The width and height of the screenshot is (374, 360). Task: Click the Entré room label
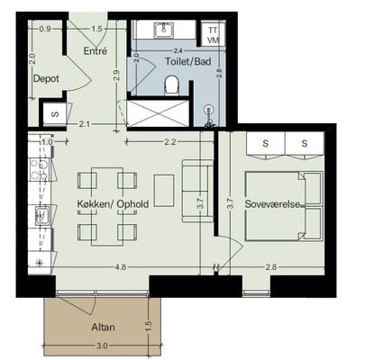click(x=95, y=50)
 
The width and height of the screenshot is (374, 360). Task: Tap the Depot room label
click(x=46, y=78)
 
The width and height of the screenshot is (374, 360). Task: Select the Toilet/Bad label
click(x=188, y=61)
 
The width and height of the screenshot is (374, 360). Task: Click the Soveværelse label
click(x=272, y=204)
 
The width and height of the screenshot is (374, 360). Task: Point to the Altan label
click(x=103, y=327)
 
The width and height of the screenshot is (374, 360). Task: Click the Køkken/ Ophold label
click(x=113, y=204)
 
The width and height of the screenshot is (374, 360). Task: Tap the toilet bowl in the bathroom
click(x=172, y=85)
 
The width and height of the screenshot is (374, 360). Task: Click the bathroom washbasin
click(x=164, y=31)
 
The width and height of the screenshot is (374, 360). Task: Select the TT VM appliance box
click(x=214, y=35)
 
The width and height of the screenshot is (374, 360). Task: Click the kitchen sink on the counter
click(x=41, y=215)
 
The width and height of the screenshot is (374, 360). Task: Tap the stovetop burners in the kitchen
click(x=39, y=170)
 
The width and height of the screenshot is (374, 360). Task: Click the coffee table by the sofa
click(x=164, y=191)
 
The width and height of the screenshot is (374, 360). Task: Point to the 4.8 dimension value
click(x=120, y=266)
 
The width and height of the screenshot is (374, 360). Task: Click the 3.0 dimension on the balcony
click(x=102, y=346)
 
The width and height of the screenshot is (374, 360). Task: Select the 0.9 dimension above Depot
click(x=45, y=29)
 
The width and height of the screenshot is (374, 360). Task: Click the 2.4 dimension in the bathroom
click(x=178, y=51)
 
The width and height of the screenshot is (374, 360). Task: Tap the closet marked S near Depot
click(x=55, y=114)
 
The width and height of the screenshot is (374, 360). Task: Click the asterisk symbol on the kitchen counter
click(x=39, y=263)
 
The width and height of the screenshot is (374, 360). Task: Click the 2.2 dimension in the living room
click(x=170, y=142)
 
